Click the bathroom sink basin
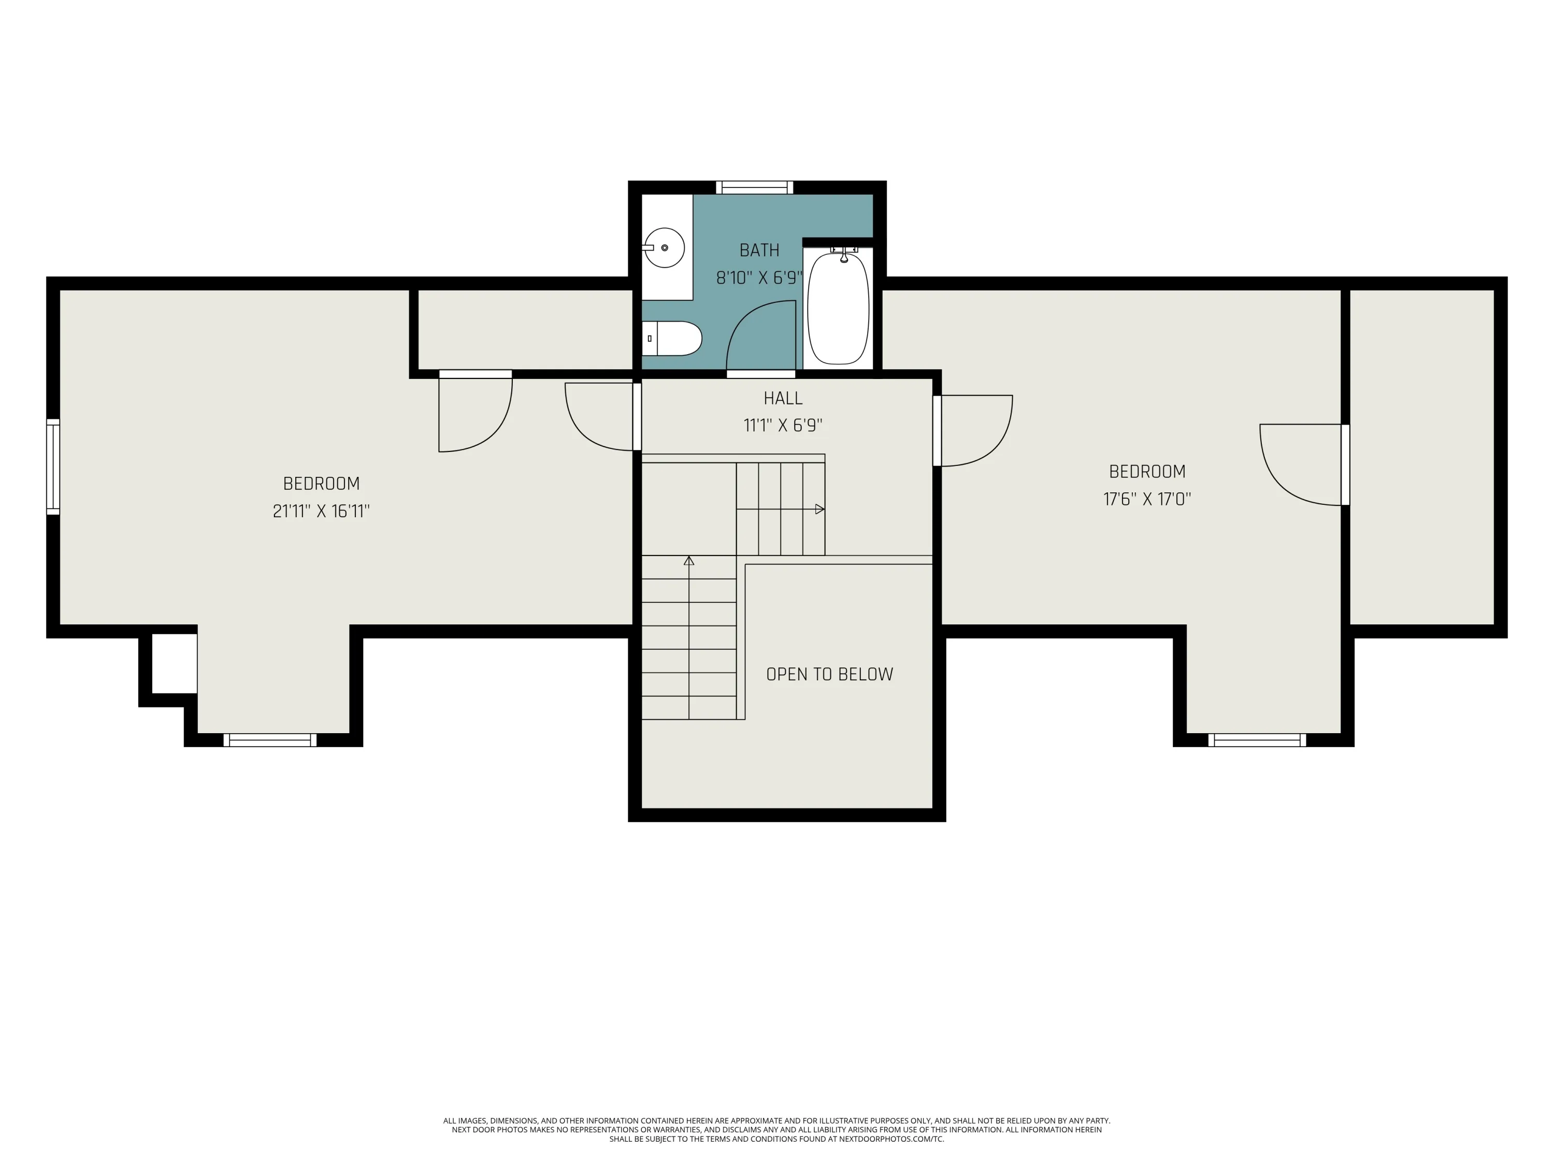point(665,248)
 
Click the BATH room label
point(759,250)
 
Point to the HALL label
point(783,398)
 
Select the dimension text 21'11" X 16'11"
point(321,511)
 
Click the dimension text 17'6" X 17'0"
point(1147,499)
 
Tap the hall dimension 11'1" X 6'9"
point(783,425)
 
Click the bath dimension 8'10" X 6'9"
point(759,278)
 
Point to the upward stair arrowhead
point(689,560)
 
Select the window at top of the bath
point(755,187)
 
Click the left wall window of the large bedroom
point(53,467)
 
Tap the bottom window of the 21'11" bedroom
point(270,740)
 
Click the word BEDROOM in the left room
point(321,483)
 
